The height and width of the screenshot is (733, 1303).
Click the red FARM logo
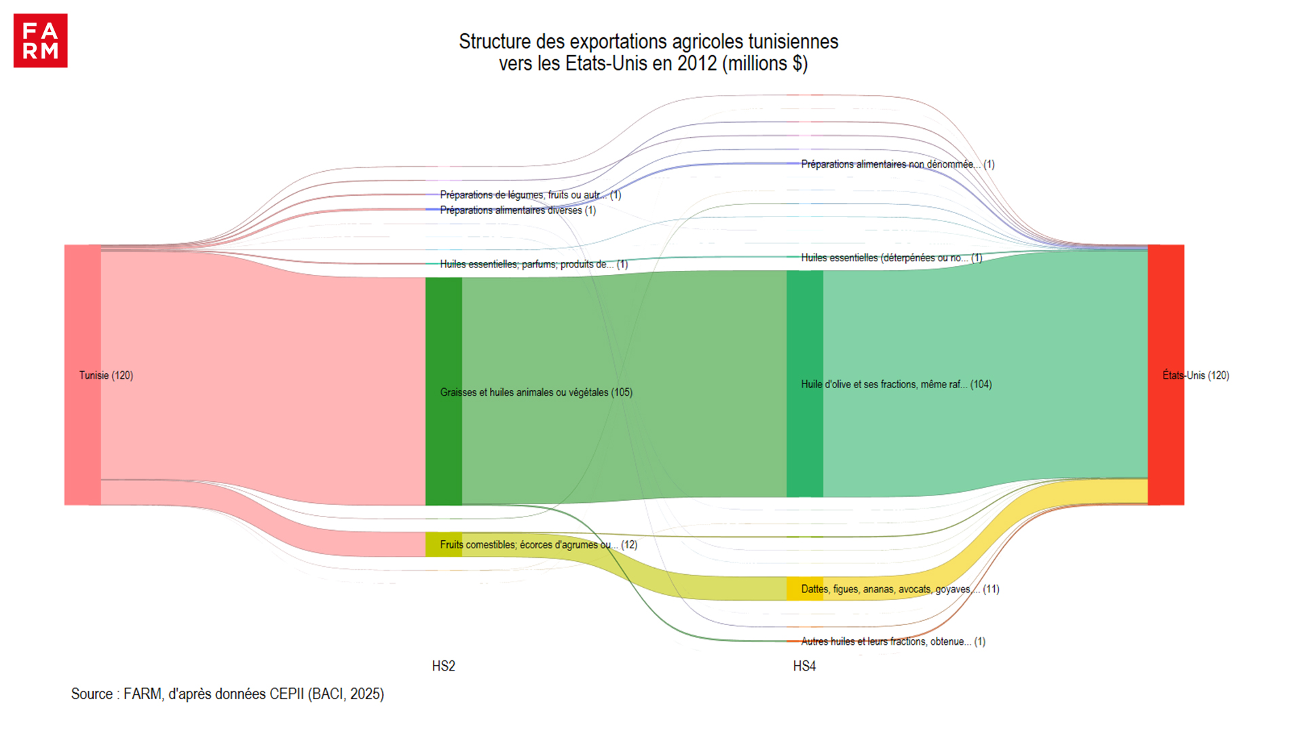41,41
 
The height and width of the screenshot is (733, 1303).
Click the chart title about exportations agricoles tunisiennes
648,52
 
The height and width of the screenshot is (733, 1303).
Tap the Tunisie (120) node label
106,375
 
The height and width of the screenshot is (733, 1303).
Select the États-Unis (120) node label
1195,375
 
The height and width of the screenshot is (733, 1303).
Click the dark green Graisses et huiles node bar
443,391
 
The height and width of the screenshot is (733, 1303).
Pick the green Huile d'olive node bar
804,383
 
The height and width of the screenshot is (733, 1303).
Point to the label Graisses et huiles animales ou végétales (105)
536,392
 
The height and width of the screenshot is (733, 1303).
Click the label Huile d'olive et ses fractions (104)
896,384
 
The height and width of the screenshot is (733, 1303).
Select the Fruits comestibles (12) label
538,544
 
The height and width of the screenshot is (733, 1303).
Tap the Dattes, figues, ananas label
900,589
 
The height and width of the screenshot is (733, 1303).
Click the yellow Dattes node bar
804,588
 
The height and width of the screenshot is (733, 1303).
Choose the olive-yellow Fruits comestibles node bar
443,544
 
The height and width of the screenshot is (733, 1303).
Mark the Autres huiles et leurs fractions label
893,641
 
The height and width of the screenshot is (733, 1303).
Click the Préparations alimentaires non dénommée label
897,164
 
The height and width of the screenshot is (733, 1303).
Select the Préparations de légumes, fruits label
530,195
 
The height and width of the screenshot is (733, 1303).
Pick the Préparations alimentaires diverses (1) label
518,210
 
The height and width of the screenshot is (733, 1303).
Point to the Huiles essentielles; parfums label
533,264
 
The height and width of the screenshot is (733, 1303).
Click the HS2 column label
443,666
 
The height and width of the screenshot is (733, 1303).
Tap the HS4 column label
804,666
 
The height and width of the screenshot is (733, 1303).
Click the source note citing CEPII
227,694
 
